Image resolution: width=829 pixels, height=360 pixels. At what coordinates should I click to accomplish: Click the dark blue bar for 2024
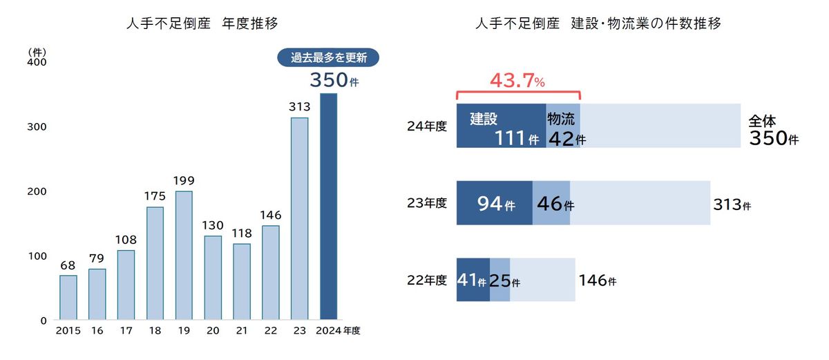(x=328, y=207)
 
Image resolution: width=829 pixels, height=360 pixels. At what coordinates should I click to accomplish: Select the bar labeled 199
(x=184, y=256)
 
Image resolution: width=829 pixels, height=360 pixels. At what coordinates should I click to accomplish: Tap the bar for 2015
(x=68, y=298)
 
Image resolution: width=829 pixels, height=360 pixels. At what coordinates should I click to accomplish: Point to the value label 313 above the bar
(x=299, y=107)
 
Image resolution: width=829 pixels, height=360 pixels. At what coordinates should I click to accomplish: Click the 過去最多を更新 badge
(x=328, y=58)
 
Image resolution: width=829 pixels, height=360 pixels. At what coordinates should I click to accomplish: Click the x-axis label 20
(x=213, y=331)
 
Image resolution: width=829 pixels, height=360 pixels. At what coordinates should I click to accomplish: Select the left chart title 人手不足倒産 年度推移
(x=202, y=24)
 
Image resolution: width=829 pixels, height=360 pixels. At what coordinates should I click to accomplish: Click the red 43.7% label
(x=517, y=81)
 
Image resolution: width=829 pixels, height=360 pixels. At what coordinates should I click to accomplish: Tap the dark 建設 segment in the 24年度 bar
(x=501, y=126)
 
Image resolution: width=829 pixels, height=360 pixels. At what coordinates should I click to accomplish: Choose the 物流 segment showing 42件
(x=563, y=126)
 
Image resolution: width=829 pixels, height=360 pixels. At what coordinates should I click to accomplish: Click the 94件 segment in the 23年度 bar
(x=495, y=203)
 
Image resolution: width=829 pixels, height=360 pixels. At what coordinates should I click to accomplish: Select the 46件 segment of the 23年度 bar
(x=551, y=203)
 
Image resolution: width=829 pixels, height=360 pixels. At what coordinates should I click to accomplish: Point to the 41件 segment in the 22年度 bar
(x=473, y=280)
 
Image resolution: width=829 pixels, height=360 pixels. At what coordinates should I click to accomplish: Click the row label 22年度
(x=427, y=280)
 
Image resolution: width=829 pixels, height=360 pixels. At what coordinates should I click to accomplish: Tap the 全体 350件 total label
(x=772, y=130)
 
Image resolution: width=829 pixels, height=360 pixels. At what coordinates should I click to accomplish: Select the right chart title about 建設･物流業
(x=598, y=24)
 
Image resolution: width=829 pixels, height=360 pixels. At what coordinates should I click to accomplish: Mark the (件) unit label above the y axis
(x=37, y=52)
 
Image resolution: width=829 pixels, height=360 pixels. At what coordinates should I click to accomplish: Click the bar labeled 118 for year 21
(x=242, y=282)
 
